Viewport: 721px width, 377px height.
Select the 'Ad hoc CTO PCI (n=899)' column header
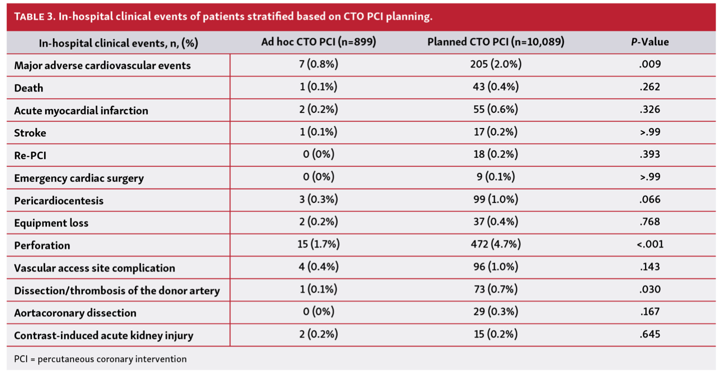click(318, 42)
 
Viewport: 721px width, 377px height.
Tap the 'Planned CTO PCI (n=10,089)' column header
click(495, 42)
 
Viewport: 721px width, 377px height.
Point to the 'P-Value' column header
click(649, 42)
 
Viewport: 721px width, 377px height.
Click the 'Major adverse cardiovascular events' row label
click(102, 65)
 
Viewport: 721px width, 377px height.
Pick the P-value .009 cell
click(650, 64)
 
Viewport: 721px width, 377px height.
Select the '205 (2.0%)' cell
click(495, 64)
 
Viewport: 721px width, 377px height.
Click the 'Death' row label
click(28, 88)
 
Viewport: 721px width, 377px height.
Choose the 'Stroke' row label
click(30, 133)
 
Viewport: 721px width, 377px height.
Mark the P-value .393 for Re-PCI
click(650, 154)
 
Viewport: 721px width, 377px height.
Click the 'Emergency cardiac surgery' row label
click(79, 178)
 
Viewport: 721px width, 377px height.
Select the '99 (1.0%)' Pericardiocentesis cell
click(495, 199)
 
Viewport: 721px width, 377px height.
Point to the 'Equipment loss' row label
click(51, 223)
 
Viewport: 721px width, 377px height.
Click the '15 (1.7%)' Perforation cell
click(318, 244)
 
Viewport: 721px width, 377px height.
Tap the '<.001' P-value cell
click(650, 244)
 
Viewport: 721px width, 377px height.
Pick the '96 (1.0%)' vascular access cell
click(495, 267)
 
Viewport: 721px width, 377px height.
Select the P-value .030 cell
click(650, 289)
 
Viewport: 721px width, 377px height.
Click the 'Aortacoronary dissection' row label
click(75, 313)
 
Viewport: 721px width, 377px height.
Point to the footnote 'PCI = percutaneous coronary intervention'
click(100, 359)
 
